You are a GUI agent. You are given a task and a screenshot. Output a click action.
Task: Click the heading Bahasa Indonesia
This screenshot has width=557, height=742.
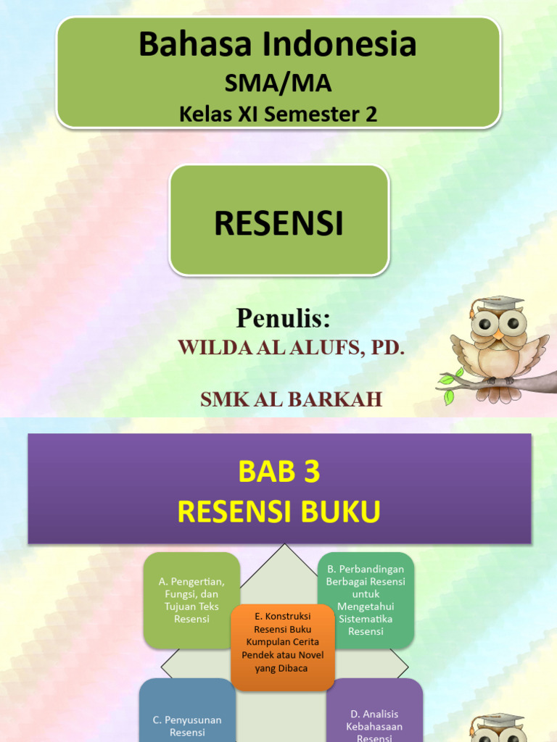pos(278,45)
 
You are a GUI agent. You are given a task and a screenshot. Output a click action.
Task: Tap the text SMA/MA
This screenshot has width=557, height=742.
pos(278,83)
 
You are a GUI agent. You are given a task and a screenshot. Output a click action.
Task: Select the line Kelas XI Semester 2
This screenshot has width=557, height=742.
pos(278,114)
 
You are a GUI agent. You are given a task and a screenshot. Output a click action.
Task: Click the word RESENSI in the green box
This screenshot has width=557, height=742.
pos(279,224)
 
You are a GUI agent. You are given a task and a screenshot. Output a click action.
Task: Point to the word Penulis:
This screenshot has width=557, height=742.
pos(283,318)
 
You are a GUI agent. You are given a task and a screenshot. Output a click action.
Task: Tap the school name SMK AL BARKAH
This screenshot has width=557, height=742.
pos(290,399)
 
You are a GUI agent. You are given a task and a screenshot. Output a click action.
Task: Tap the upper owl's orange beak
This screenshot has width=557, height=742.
pos(498,335)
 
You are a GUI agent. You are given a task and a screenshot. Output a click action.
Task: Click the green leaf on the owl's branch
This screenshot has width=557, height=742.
pos(447,378)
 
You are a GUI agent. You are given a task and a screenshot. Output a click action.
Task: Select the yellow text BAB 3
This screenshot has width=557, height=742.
pos(279,472)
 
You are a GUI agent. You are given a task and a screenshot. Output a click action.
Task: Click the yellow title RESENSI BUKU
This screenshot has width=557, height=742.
pos(279,512)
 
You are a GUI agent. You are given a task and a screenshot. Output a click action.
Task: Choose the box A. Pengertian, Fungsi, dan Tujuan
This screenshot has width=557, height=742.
pos(191,600)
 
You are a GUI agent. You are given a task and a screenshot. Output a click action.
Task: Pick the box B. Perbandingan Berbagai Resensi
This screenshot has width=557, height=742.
pos(366,600)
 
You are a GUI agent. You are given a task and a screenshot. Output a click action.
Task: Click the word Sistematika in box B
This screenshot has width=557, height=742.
pos(366,619)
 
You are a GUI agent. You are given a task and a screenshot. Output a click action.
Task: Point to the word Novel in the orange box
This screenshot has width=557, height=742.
pos(310,655)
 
